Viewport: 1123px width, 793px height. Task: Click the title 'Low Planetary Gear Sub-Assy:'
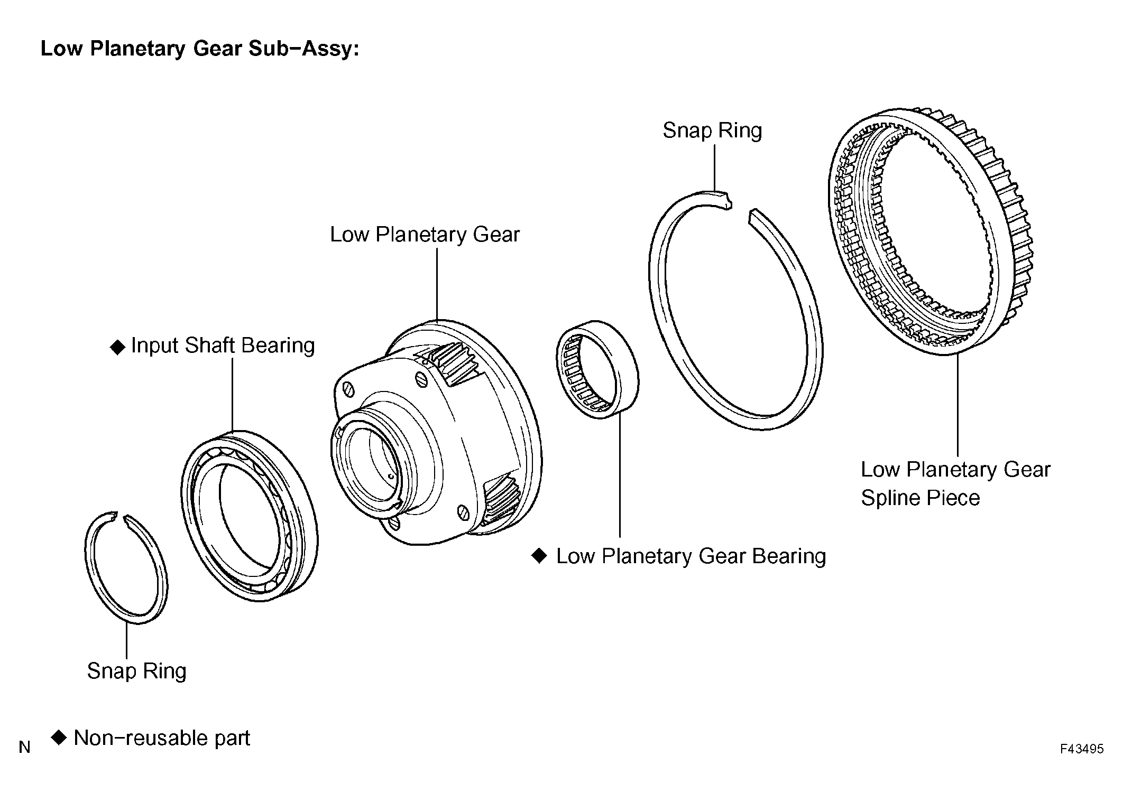pyautogui.click(x=200, y=49)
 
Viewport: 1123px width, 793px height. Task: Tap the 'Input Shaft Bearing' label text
pyautogui.click(x=223, y=346)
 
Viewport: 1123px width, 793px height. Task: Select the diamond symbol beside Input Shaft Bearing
pyautogui.click(x=117, y=347)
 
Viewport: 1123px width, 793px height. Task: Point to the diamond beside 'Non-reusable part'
pyautogui.click(x=59, y=737)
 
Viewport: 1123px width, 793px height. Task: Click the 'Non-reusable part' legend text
pyautogui.click(x=162, y=738)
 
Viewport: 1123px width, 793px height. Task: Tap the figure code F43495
pyautogui.click(x=1082, y=749)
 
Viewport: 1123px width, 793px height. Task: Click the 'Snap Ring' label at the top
pyautogui.click(x=712, y=130)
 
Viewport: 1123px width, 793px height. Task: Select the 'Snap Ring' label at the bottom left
pyautogui.click(x=136, y=671)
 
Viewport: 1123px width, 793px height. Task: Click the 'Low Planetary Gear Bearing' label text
pyautogui.click(x=691, y=556)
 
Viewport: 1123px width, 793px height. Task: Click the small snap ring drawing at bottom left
pyautogui.click(x=87, y=560)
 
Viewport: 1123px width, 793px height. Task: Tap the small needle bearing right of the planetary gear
pyautogui.click(x=597, y=369)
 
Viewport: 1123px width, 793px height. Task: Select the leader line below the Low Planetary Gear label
pyautogui.click(x=437, y=284)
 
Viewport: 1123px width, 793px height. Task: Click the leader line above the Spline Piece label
pyautogui.click(x=958, y=405)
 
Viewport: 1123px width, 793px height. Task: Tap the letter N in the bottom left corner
pyautogui.click(x=24, y=747)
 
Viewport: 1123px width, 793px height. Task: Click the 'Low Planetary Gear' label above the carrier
pyautogui.click(x=425, y=235)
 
